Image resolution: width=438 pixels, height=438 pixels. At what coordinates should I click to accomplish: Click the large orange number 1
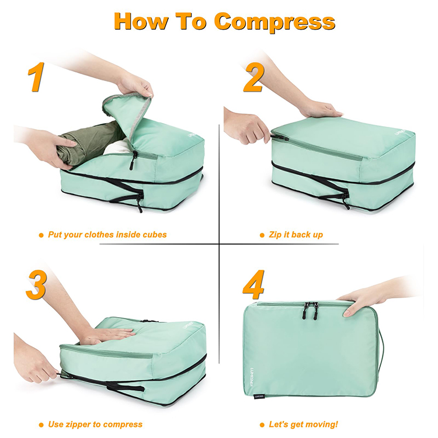36,77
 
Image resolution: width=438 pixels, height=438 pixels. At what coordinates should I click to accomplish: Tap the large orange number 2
254,77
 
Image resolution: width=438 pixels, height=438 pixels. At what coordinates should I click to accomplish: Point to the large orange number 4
253,284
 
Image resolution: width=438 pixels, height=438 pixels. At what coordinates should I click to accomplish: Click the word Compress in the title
274,22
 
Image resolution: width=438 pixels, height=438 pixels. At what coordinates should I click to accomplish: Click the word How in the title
141,21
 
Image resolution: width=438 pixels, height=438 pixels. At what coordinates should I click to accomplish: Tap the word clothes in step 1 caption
99,235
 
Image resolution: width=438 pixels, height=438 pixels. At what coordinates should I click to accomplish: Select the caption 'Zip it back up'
296,235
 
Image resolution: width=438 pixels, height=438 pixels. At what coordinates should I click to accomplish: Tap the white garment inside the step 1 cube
118,148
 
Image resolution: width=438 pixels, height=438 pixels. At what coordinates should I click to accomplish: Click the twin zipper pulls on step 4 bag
311,311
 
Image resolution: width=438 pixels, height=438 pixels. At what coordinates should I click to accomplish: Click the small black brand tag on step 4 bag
259,396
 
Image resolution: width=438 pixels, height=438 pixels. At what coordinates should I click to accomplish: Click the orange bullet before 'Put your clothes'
41,235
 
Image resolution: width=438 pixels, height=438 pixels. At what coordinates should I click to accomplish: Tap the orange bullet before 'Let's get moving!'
262,425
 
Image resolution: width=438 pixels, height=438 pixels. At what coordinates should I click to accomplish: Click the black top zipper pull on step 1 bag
133,160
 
